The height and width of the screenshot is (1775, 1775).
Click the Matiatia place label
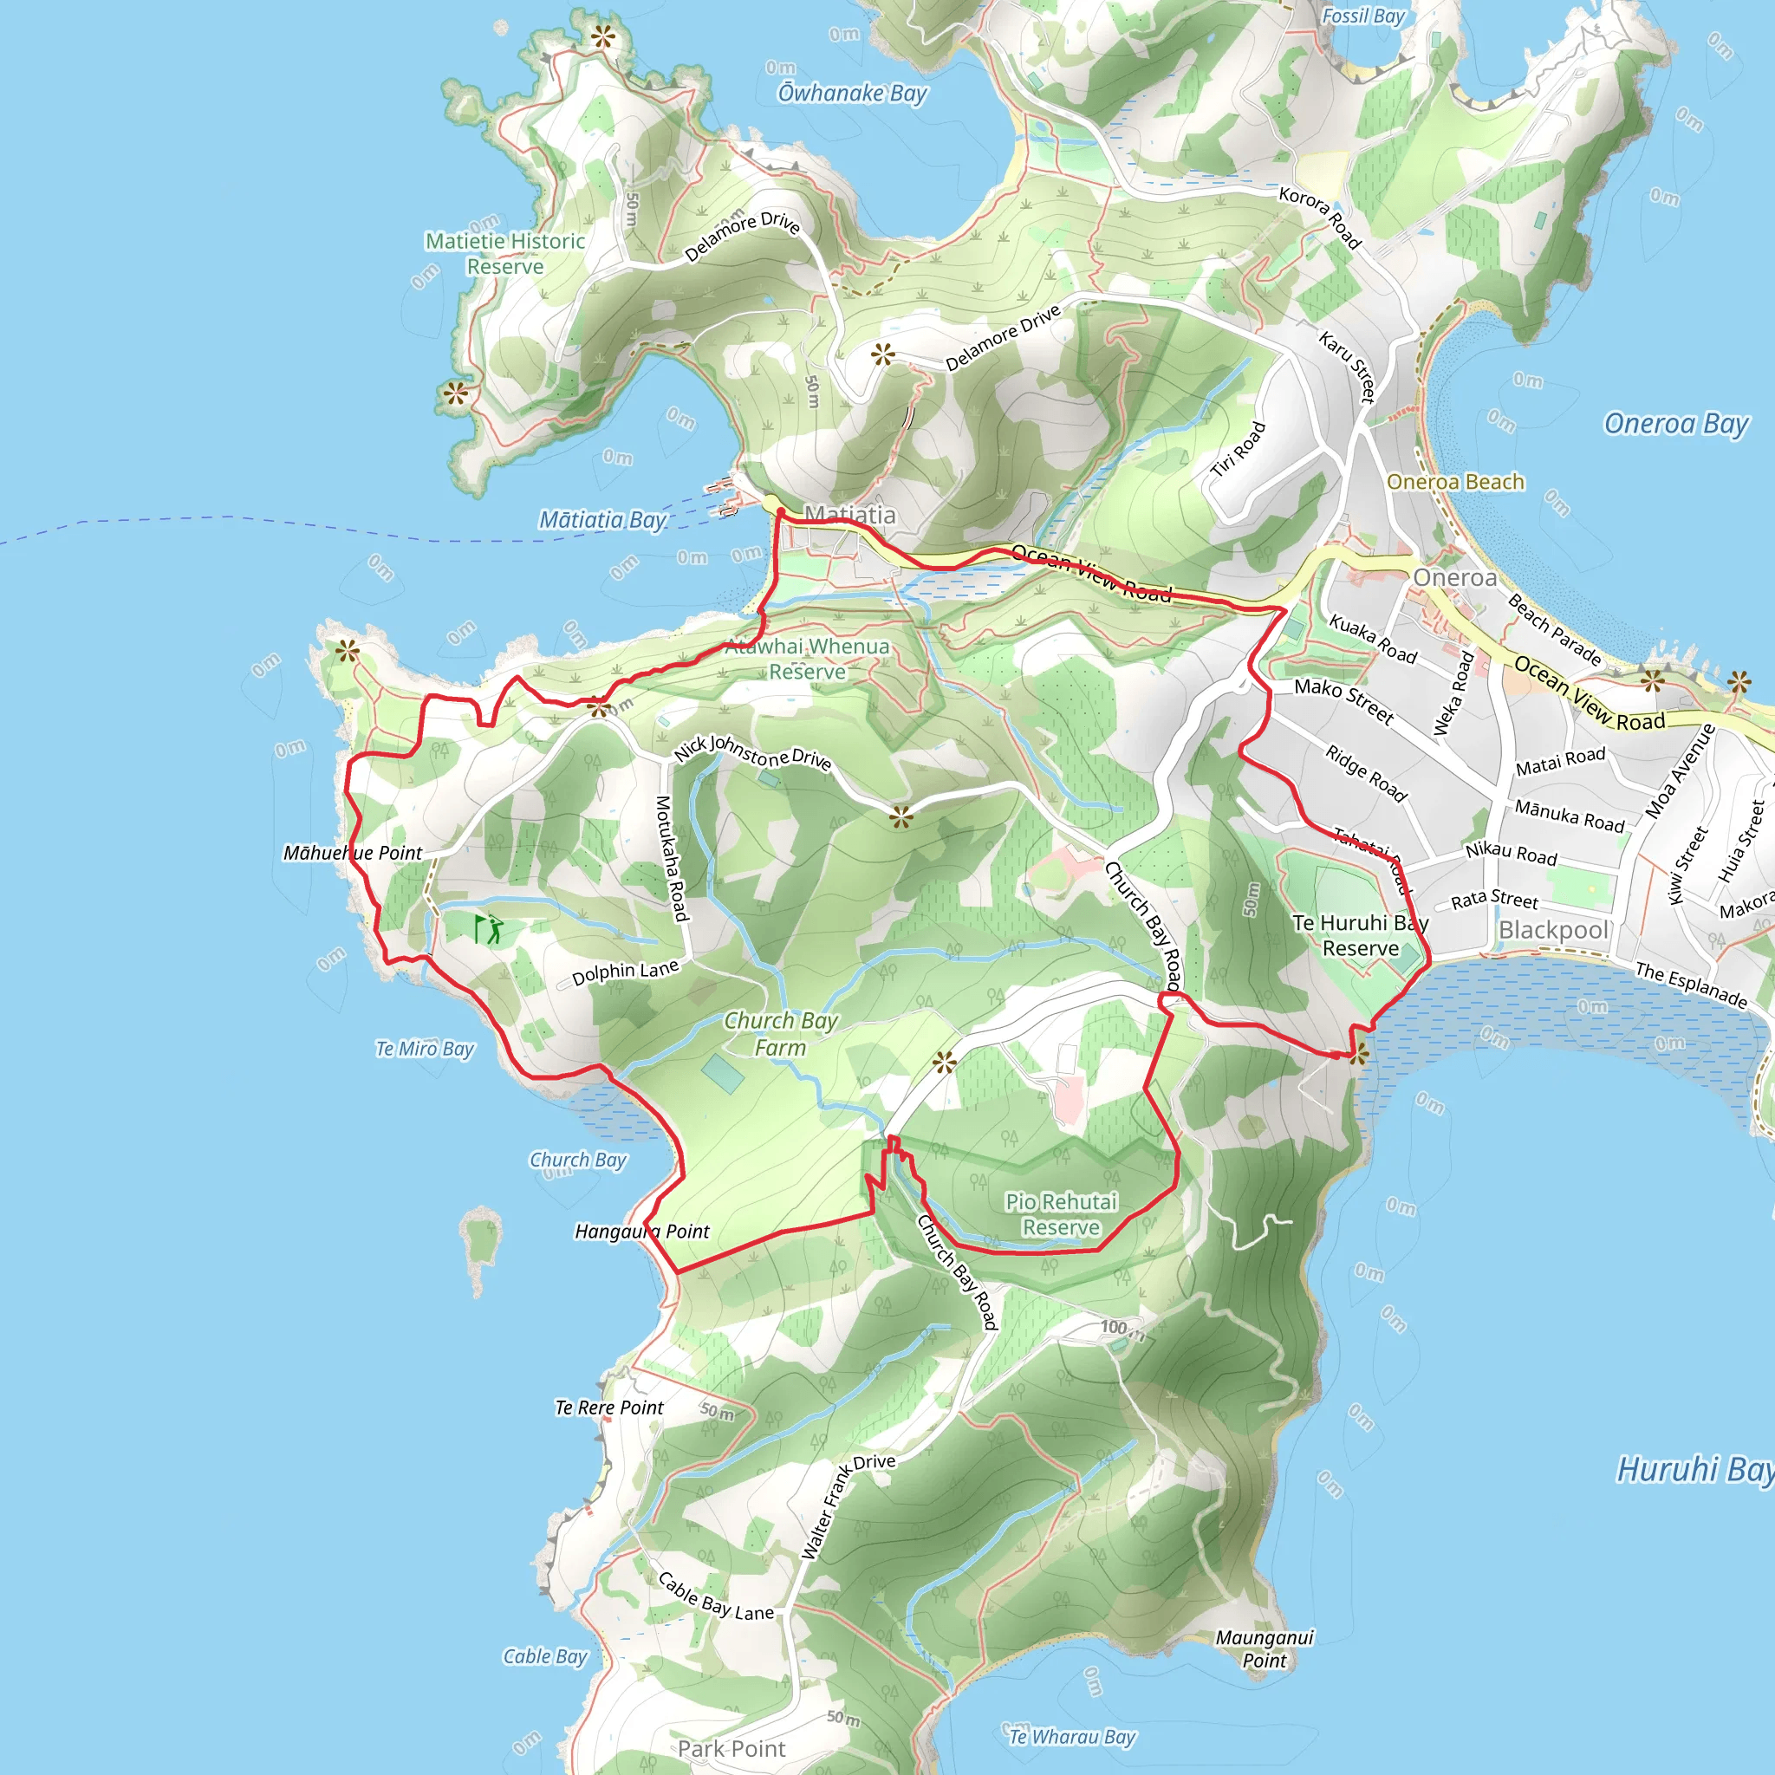(850, 515)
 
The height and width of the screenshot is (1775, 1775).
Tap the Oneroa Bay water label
(1676, 424)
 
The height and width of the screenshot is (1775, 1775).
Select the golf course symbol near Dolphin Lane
(489, 929)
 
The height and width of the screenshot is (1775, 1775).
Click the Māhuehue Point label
(353, 853)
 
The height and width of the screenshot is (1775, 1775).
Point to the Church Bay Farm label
(781, 1034)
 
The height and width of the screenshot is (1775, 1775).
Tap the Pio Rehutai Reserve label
(1061, 1213)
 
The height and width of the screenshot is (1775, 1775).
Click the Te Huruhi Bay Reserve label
(1360, 935)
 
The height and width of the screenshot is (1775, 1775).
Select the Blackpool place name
(1554, 930)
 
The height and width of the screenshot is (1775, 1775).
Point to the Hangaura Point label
(642, 1231)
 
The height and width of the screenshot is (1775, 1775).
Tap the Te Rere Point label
(609, 1408)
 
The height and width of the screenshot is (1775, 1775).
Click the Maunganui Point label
(1265, 1648)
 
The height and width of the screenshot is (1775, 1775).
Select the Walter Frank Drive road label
(847, 1506)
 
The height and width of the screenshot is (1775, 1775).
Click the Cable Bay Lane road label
(716, 1597)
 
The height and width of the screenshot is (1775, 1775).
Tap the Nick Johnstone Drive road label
(752, 751)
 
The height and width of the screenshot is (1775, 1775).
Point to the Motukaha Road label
(672, 858)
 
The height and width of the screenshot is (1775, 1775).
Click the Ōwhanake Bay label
(853, 93)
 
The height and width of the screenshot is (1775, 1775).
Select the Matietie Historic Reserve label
(505, 254)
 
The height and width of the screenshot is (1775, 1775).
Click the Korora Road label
(1320, 218)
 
